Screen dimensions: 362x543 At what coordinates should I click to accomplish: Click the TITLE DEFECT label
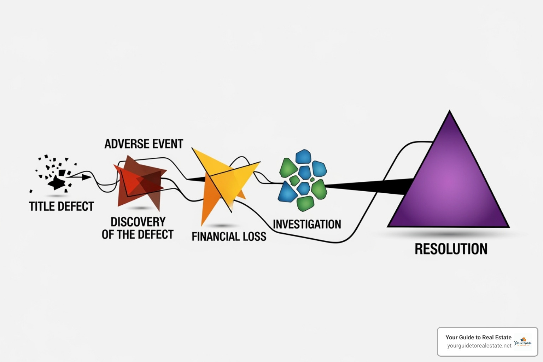tap(62, 206)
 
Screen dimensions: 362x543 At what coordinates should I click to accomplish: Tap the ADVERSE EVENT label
tap(144, 144)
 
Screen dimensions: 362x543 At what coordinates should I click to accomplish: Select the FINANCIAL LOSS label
tap(229, 236)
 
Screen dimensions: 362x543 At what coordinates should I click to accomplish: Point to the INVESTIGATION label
tap(307, 224)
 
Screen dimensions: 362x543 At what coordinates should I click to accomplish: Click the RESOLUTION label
tap(451, 249)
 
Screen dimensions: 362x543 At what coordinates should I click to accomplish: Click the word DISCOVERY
tap(138, 222)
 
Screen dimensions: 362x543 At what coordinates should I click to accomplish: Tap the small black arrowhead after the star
tap(86, 177)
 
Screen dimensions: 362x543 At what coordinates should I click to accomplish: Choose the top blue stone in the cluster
tap(303, 156)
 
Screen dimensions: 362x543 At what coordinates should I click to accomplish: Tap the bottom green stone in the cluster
tap(305, 203)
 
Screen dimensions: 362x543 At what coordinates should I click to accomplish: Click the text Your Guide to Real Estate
tap(478, 337)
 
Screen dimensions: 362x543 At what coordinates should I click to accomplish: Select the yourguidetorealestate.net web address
tap(479, 345)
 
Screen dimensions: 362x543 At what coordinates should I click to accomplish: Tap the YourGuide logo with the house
tap(522, 341)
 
